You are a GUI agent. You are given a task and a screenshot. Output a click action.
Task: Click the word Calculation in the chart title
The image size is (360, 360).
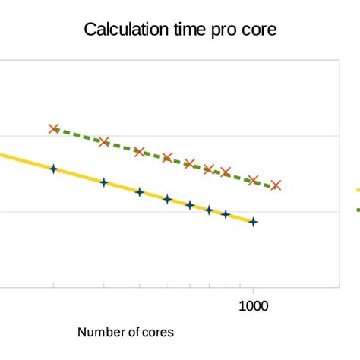pos(123,30)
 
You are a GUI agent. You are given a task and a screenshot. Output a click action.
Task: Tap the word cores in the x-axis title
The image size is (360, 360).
pos(159,333)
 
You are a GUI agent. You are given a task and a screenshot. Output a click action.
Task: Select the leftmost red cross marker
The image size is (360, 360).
pos(53,129)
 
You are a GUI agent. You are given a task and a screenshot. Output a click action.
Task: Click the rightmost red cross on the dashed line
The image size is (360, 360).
pos(276,185)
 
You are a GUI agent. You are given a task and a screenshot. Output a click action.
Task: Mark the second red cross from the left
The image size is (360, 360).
pos(104,142)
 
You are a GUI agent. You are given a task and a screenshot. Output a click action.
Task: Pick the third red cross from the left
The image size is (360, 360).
pos(139,151)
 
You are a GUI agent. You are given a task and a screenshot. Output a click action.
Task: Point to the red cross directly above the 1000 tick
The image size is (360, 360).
pos(254,180)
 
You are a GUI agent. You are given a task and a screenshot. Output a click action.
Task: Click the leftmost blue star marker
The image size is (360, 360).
pos(53,169)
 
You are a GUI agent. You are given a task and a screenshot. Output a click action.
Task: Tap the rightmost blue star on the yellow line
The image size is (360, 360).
pos(254,222)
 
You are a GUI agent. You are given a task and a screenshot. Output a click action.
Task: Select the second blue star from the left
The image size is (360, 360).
pos(104,182)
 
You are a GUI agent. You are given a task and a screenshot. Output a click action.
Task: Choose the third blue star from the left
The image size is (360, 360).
pos(139,191)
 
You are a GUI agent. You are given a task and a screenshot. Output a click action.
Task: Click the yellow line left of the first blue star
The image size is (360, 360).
pos(23,161)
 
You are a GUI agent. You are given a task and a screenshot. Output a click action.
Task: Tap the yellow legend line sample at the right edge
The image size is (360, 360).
pos(356,191)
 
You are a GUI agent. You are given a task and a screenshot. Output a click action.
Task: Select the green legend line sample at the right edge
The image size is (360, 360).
pos(356,209)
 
